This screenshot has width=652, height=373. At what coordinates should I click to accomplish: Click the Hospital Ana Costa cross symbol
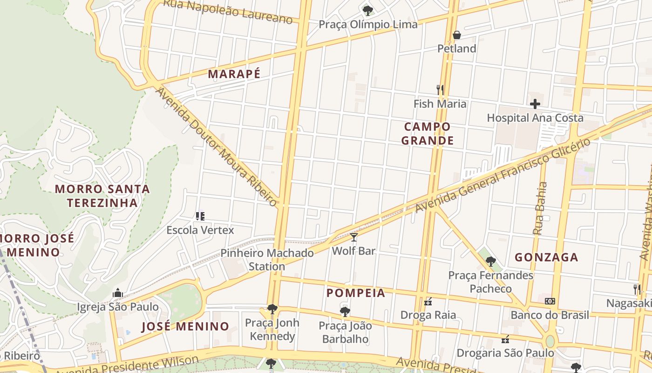pos(535,104)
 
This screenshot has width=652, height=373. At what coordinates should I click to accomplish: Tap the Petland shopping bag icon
pos(456,35)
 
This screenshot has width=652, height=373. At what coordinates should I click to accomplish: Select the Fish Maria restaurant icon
pos(440,89)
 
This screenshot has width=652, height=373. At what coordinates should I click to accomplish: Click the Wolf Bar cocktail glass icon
pos(354,237)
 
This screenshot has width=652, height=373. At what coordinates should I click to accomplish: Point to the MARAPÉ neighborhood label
pos(234,74)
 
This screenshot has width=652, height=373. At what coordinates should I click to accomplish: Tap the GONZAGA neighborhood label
pos(546,257)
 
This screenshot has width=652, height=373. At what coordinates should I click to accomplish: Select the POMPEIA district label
pos(356,293)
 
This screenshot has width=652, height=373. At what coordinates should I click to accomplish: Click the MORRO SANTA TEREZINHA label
pos(102,196)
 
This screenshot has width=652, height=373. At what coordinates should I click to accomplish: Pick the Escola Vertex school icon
pos(200,216)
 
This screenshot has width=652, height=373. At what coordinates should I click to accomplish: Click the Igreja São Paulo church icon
pos(117,293)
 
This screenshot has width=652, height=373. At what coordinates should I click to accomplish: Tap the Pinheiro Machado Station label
pos(267,260)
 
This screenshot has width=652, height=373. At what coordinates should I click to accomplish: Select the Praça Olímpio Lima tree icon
pos(367,10)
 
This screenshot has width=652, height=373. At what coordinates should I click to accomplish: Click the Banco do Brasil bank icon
pos(550,301)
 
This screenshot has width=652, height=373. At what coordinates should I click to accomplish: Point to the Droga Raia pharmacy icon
pos(428,301)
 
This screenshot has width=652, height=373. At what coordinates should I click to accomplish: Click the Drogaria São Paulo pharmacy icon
pos(505,339)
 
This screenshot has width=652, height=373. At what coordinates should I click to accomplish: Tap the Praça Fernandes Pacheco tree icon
pos(490,262)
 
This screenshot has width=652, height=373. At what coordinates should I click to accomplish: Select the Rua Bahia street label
pos(540,208)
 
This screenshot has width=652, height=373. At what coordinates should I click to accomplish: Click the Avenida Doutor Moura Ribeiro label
pos(217,146)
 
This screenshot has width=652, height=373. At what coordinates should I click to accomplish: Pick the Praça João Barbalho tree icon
pos(345,311)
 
